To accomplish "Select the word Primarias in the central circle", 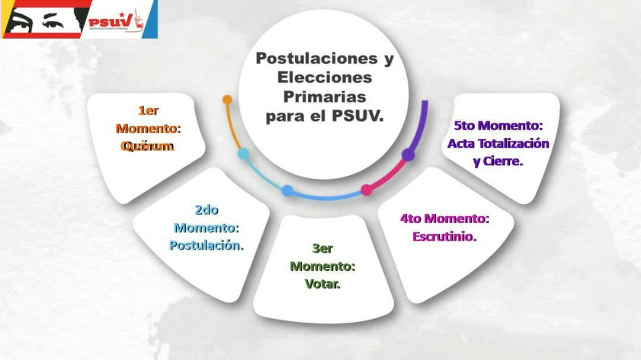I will coord(324,97).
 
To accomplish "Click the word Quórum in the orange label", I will coord(147,146).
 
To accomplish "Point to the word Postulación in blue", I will coord(207,245).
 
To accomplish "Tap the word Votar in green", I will coord(322,284).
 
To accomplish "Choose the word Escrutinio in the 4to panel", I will coord(445,236).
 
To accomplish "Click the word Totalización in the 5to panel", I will coord(516,144).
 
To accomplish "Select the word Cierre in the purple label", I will coord(504,161).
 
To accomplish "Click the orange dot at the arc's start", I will coord(227,100).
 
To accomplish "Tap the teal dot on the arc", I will coord(243,154).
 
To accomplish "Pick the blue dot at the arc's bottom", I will coord(287,190).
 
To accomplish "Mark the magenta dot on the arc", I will coord(367,190).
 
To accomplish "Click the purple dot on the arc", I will coord(408,155).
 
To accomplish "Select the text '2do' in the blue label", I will coord(206,209).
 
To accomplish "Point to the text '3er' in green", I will coord(322,249).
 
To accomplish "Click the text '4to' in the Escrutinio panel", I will coord(411,218).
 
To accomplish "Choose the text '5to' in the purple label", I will coord(465,126).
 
